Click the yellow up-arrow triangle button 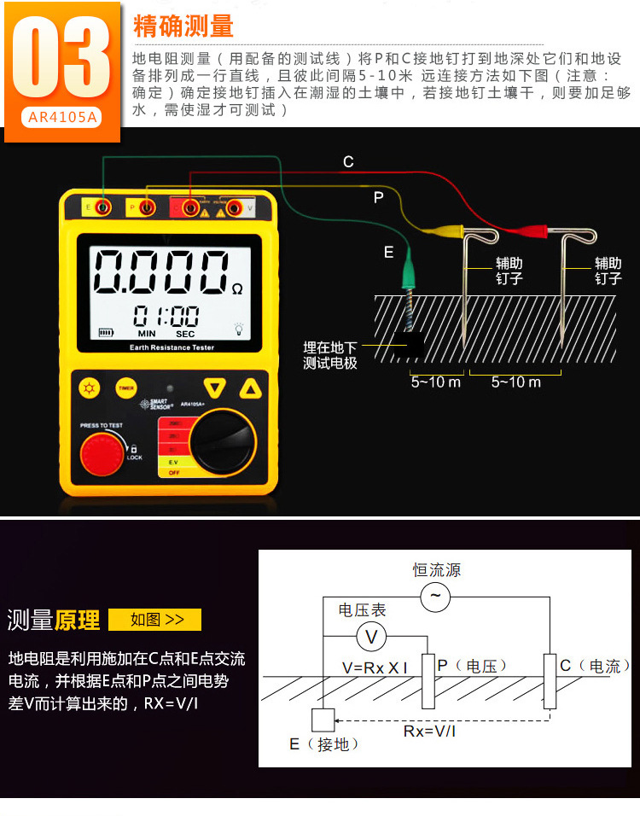click(x=250, y=388)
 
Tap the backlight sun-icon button click(x=89, y=388)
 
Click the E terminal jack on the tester click(x=102, y=207)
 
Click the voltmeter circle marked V click(x=371, y=636)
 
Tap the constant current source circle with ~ click(x=435, y=597)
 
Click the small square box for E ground click(x=323, y=720)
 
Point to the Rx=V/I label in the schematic click(x=429, y=731)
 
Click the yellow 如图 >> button click(x=155, y=620)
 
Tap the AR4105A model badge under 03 click(x=60, y=118)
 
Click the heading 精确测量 click(x=183, y=26)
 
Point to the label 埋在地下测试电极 click(x=330, y=355)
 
